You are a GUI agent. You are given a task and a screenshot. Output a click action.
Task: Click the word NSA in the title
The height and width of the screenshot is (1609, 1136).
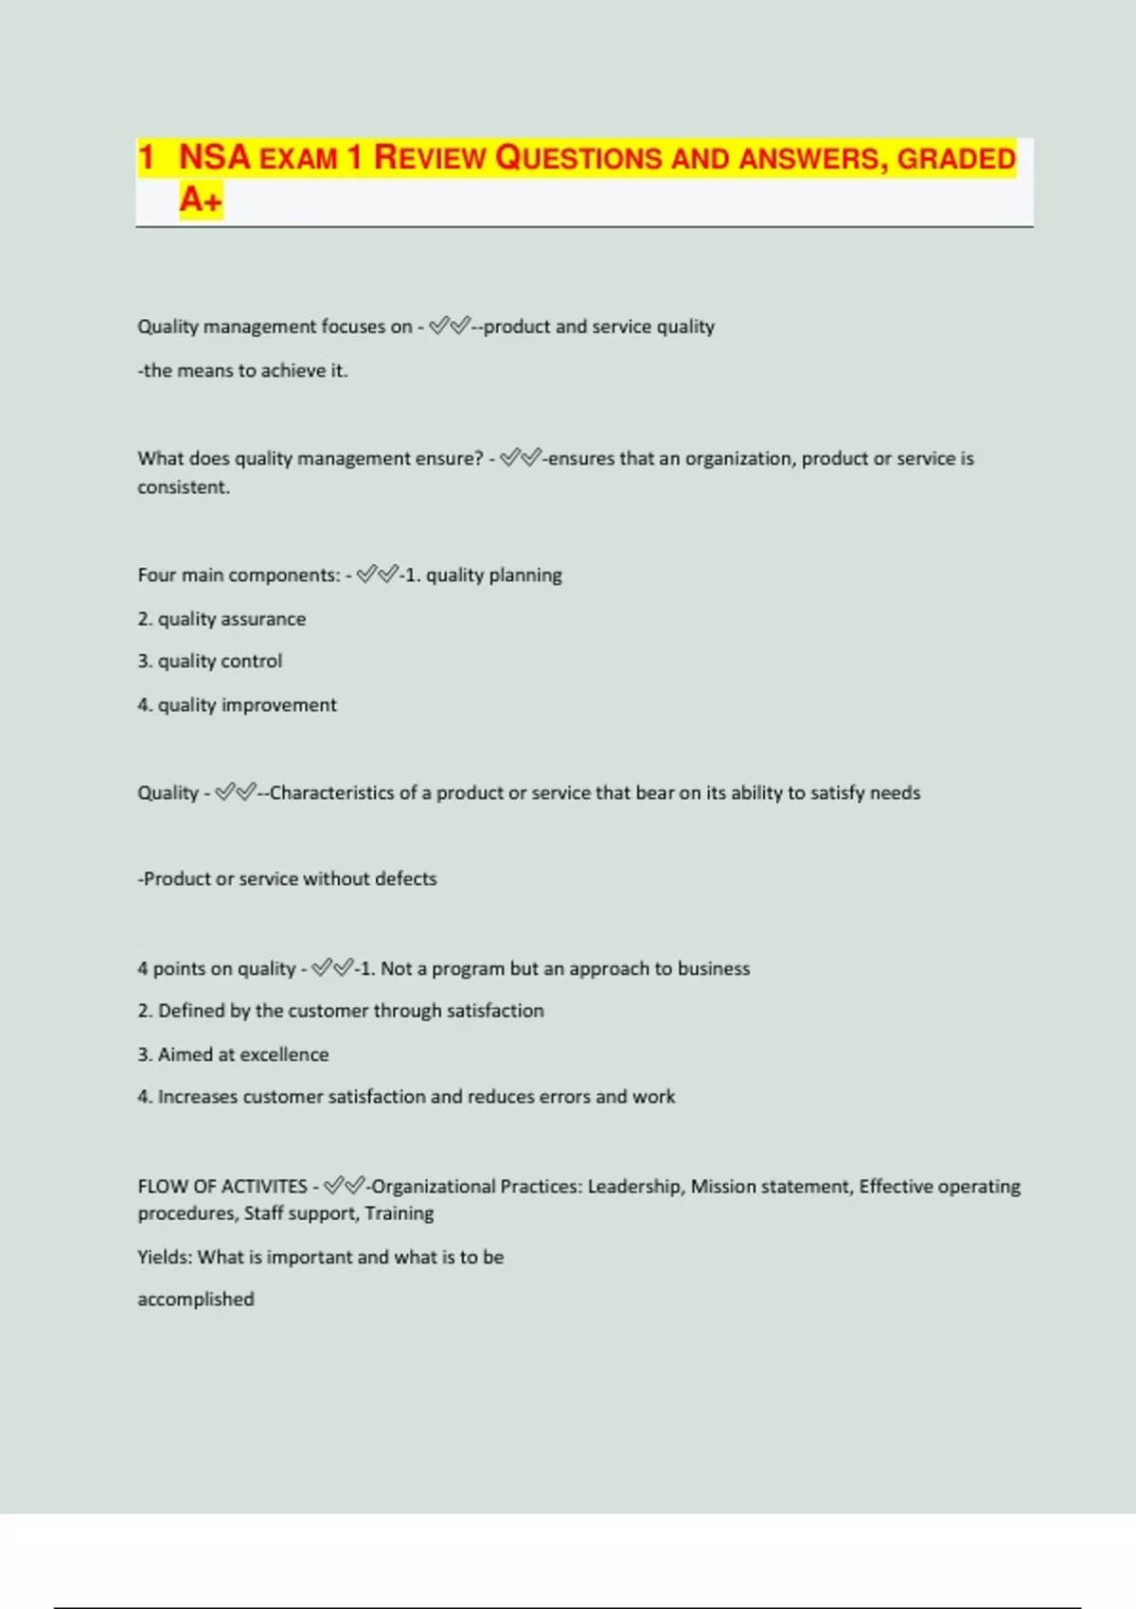[x=215, y=157]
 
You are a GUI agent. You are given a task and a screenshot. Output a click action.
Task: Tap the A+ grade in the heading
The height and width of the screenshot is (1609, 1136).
[x=201, y=200]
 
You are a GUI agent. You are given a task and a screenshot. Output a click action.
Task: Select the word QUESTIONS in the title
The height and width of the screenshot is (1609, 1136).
[x=579, y=157]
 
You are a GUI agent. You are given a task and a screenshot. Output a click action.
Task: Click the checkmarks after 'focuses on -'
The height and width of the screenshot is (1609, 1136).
[x=450, y=327]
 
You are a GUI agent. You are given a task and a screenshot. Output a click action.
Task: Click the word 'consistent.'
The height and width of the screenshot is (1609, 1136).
[x=184, y=487]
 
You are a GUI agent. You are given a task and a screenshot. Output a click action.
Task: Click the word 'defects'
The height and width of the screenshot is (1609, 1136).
[x=405, y=879]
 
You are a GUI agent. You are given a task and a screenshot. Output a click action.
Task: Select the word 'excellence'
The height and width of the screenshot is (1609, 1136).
[x=284, y=1054]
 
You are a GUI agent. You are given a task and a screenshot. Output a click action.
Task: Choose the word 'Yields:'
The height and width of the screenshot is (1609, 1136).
[x=165, y=1257]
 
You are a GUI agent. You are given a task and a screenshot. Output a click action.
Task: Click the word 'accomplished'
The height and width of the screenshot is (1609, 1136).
[x=196, y=1300]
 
